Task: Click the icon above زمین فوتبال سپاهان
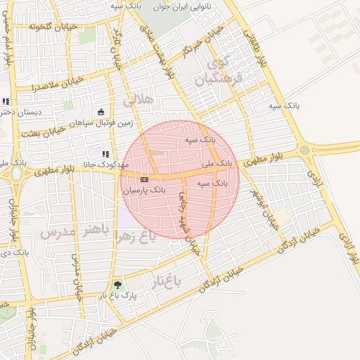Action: tap(101, 112)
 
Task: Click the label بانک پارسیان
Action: tap(144, 190)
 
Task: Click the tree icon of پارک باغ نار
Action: tap(117, 285)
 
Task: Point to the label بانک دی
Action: tap(7, 251)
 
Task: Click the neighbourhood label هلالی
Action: tap(138, 101)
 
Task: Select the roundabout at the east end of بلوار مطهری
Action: tap(304, 150)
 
